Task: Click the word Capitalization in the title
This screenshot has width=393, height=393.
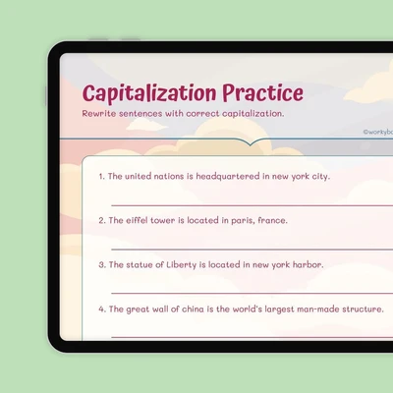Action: pos(149,93)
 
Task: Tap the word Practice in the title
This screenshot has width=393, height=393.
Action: pos(263,92)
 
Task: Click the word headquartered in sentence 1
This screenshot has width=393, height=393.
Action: pos(228,176)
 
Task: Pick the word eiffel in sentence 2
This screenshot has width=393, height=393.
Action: pos(137,220)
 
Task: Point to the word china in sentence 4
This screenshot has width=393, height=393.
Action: pos(193,309)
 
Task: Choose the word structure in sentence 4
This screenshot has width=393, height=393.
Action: pos(363,309)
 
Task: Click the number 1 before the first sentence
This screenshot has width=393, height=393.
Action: pos(101,177)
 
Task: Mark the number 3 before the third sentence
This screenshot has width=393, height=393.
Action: pos(102,265)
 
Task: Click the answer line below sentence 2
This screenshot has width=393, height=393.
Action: pos(252,250)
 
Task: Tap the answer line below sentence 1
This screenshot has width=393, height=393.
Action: pos(252,205)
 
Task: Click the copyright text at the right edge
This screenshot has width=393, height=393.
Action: pos(377,132)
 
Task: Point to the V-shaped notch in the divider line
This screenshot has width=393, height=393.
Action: pos(250,143)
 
